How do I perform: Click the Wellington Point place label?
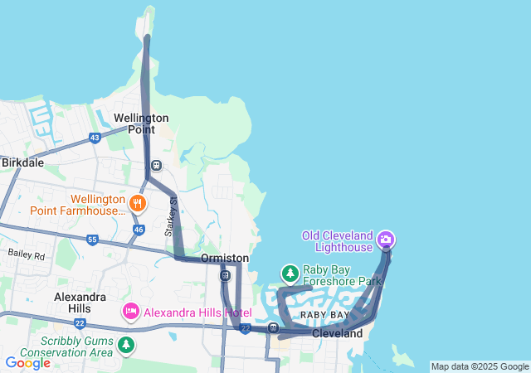tap(142, 124)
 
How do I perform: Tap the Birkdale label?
tap(22, 162)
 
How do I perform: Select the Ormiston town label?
tap(225, 259)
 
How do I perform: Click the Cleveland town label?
tap(338, 333)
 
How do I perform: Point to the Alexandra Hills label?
tap(80, 302)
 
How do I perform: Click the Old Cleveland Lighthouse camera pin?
tap(386, 240)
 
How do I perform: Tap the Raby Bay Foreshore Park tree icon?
tap(290, 272)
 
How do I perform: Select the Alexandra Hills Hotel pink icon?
tap(130, 312)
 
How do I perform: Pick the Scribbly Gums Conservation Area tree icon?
tap(125, 343)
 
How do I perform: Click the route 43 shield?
tap(95, 138)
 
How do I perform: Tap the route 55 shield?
tap(92, 240)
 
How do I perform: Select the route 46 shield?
tap(139, 229)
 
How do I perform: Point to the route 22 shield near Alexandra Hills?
tap(80, 322)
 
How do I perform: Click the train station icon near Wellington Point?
tap(156, 165)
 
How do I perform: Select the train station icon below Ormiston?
tap(225, 275)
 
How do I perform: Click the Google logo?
tap(27, 363)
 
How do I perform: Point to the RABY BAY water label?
tap(324, 316)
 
